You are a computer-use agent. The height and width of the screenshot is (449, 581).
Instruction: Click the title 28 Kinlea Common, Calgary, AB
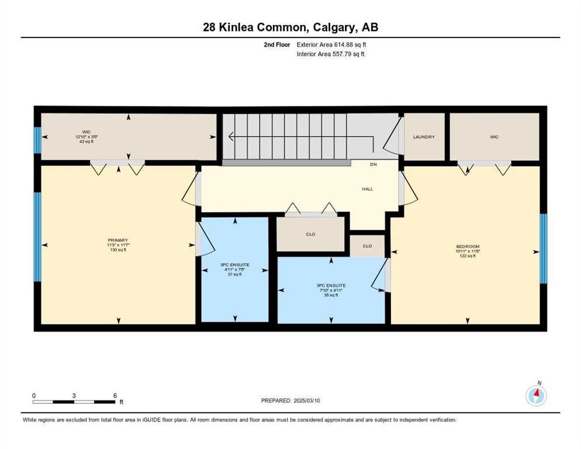290,27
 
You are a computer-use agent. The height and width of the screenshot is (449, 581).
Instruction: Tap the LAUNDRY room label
424,137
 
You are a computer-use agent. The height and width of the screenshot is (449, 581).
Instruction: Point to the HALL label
367,189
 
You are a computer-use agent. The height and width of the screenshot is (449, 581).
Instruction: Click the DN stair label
373,164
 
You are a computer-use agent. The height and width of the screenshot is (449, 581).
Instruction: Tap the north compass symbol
536,396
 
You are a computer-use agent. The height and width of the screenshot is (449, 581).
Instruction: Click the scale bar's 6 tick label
115,395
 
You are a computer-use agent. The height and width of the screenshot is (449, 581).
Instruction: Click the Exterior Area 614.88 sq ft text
332,44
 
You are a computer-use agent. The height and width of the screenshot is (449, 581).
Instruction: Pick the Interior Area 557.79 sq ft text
331,54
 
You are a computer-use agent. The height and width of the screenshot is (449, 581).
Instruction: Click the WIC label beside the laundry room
494,137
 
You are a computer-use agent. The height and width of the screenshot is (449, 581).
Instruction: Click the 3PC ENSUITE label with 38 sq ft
331,290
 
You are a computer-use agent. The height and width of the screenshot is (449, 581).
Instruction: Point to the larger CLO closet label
310,234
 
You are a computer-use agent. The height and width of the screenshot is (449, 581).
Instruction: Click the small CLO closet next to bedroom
367,246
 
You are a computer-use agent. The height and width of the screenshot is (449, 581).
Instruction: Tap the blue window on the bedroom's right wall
543,248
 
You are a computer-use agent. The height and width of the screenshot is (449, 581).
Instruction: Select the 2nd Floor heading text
275,44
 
